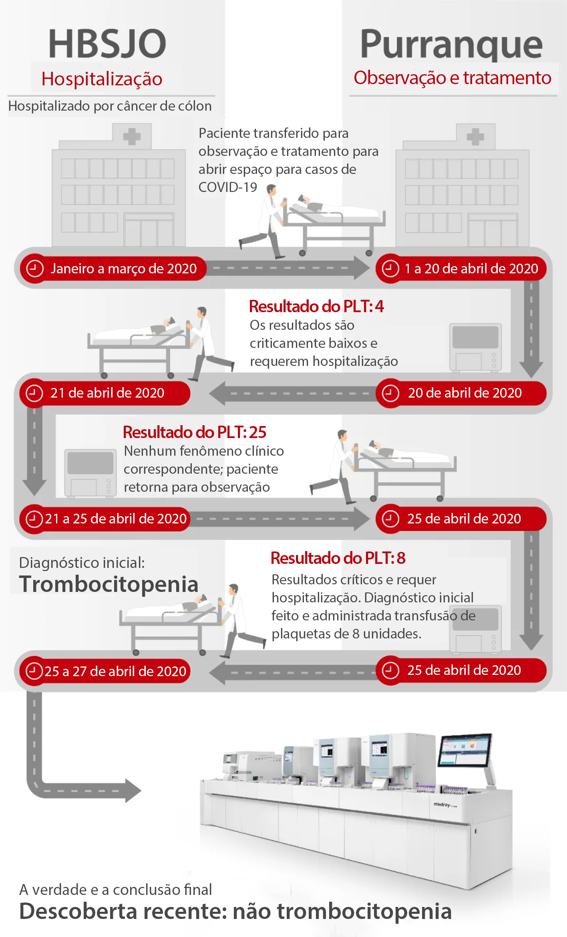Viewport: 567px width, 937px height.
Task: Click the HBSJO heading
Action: click(x=107, y=43)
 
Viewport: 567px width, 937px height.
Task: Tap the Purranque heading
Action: click(x=451, y=45)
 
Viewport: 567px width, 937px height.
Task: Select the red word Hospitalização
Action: click(x=102, y=79)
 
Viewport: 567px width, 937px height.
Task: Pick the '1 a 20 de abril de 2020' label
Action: click(x=461, y=269)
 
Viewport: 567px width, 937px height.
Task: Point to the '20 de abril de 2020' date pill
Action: click(x=461, y=393)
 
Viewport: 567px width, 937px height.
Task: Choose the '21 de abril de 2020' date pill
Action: click(x=105, y=393)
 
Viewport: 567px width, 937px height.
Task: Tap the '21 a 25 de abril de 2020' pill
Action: click(x=105, y=519)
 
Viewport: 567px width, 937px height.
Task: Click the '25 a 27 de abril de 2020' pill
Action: click(x=105, y=671)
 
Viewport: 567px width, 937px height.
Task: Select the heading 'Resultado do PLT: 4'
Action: click(x=316, y=307)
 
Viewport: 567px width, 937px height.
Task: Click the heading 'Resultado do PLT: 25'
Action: click(x=195, y=432)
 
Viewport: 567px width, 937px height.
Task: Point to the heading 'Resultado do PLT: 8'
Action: click(x=338, y=558)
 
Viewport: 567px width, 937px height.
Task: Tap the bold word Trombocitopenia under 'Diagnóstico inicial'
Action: click(x=109, y=584)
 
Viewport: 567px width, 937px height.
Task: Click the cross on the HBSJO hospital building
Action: click(x=132, y=137)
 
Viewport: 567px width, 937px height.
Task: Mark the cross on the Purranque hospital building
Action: click(x=476, y=137)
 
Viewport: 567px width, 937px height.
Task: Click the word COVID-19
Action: click(x=228, y=187)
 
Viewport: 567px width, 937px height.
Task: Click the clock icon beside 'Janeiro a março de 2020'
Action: click(x=35, y=269)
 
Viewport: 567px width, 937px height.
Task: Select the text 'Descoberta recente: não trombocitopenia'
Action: click(x=235, y=911)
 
